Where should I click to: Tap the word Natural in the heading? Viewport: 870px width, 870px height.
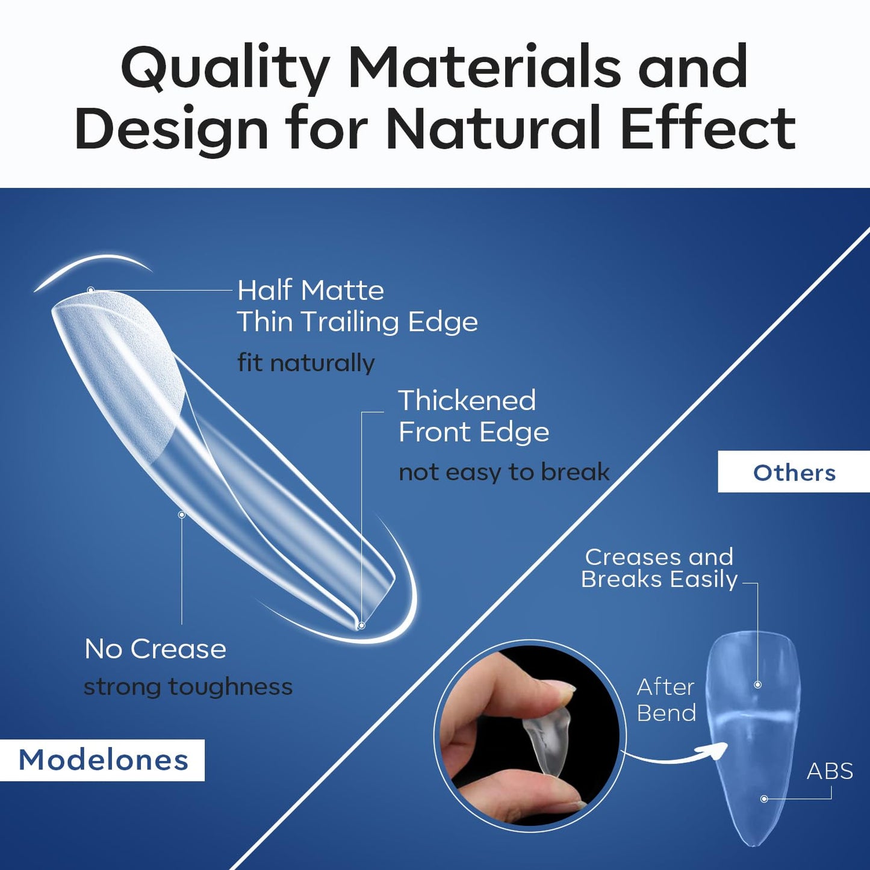494,128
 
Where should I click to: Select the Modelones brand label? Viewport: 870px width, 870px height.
103,760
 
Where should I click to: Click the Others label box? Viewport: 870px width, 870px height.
794,473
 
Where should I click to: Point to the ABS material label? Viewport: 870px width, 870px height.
830,771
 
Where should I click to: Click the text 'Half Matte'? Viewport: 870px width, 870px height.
310,291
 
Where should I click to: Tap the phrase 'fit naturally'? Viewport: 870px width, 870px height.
306,363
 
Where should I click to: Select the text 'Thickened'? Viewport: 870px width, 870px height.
467,401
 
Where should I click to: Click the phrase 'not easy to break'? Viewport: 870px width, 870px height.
504,472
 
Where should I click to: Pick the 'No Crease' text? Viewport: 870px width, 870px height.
155,649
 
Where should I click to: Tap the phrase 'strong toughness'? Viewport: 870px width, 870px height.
188,686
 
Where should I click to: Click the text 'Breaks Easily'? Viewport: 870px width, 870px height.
659,579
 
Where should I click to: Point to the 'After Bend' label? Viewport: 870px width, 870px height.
666,700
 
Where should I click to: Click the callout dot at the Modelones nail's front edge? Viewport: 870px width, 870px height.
361,626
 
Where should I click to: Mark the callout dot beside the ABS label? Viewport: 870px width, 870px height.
764,799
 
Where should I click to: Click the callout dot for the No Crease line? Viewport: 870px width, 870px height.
181,515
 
